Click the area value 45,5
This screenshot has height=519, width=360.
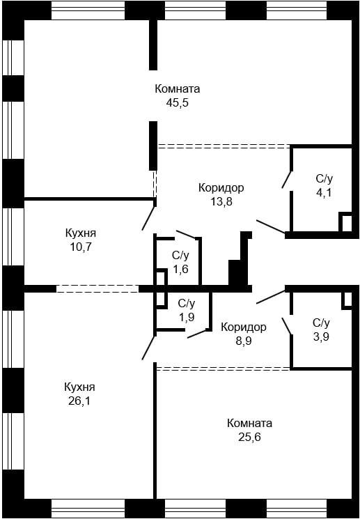[178, 102]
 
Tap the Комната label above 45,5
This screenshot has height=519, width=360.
[178, 89]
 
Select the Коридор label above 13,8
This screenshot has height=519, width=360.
[221, 187]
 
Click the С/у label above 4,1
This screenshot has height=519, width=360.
[324, 178]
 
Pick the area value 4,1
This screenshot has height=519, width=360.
[324, 192]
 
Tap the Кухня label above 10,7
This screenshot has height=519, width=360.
[80, 233]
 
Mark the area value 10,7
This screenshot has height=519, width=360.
[80, 247]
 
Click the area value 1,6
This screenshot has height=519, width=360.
[181, 270]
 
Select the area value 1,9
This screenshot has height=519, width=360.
[186, 317]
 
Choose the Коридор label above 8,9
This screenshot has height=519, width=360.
[244, 327]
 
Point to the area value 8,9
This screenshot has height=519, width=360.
[244, 341]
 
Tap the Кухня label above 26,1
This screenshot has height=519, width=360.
[79, 387]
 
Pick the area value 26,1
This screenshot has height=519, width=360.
[79, 401]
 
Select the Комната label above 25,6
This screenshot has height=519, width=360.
[249, 423]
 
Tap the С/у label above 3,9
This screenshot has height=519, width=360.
[320, 323]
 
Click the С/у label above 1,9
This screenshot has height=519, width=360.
[186, 303]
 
